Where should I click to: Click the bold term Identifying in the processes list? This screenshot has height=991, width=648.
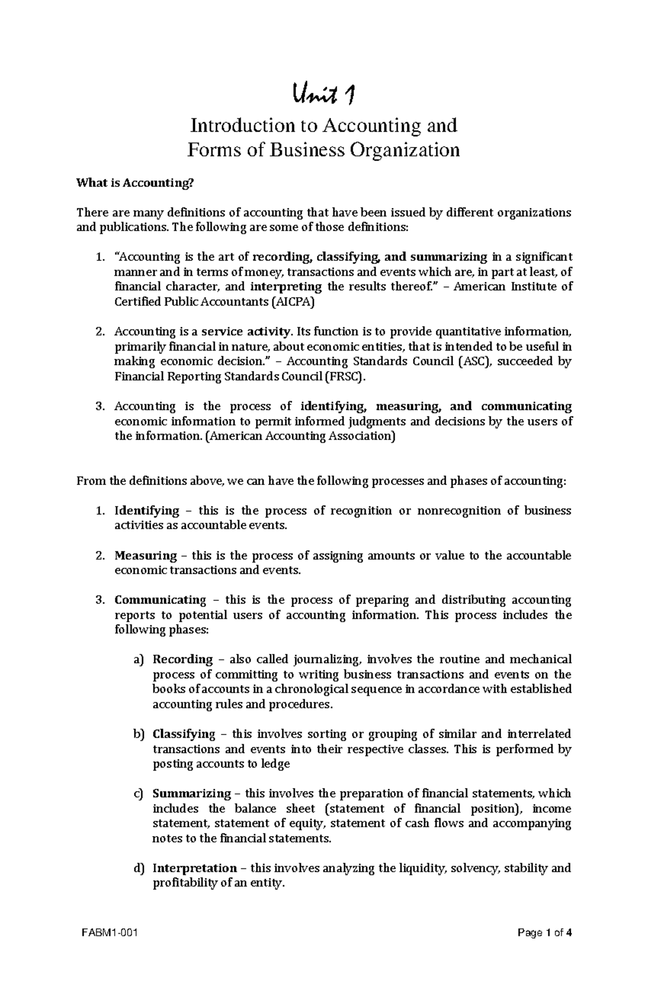click(146, 510)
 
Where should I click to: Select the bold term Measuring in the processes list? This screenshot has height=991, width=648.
click(145, 555)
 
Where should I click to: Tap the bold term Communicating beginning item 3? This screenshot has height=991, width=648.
click(160, 600)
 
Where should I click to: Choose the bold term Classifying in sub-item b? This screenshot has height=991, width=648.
click(184, 734)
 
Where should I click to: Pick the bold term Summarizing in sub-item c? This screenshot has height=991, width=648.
click(191, 793)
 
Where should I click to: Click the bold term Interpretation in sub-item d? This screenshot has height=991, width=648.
click(194, 868)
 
